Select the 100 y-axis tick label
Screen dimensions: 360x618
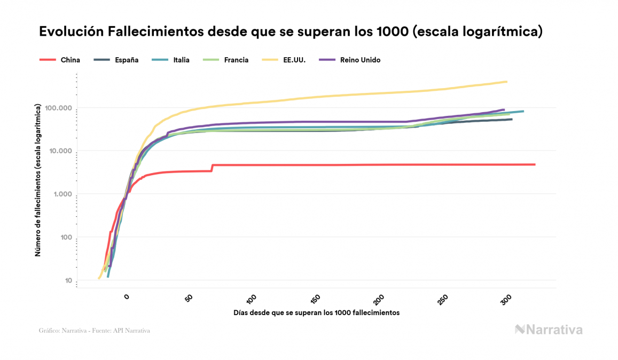[x=64, y=238]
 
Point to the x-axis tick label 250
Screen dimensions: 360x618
[x=442, y=300]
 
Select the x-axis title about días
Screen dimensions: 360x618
[x=316, y=312]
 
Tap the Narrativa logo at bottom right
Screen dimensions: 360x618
[x=549, y=330]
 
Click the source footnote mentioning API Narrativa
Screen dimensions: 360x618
[x=94, y=331]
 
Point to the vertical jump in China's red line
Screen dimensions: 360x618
[x=212, y=168]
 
